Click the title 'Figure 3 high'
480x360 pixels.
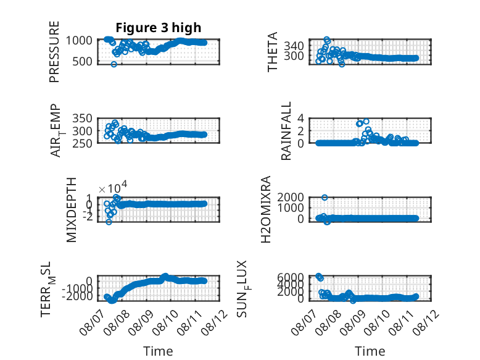159,28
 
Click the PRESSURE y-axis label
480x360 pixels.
54,52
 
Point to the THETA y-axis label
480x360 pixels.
272,52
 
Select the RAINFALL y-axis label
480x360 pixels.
286,131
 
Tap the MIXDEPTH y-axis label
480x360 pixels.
71,210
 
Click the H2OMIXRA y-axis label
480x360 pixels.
266,209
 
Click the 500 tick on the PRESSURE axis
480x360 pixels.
82,62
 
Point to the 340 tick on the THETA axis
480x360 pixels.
294,46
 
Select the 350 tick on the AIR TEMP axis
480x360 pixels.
82,119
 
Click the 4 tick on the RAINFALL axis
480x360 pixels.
300,119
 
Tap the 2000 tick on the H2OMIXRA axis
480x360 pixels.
291,198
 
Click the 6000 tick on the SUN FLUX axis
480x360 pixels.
291,277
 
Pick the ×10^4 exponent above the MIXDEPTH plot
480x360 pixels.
113,188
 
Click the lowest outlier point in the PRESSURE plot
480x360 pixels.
114,64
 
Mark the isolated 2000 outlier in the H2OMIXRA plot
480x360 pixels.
325,198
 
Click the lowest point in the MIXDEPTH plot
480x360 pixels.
109,222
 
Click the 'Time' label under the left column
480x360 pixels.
159,351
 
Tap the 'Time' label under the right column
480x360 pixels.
370,351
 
